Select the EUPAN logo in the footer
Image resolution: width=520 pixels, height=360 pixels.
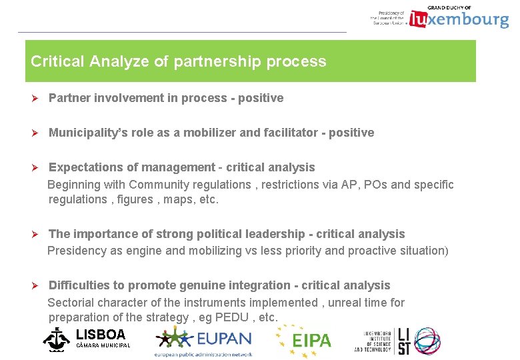(x=203, y=340)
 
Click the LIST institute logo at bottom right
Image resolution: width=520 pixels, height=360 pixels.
(x=397, y=340)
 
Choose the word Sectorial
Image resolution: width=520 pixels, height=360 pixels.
(x=73, y=303)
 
